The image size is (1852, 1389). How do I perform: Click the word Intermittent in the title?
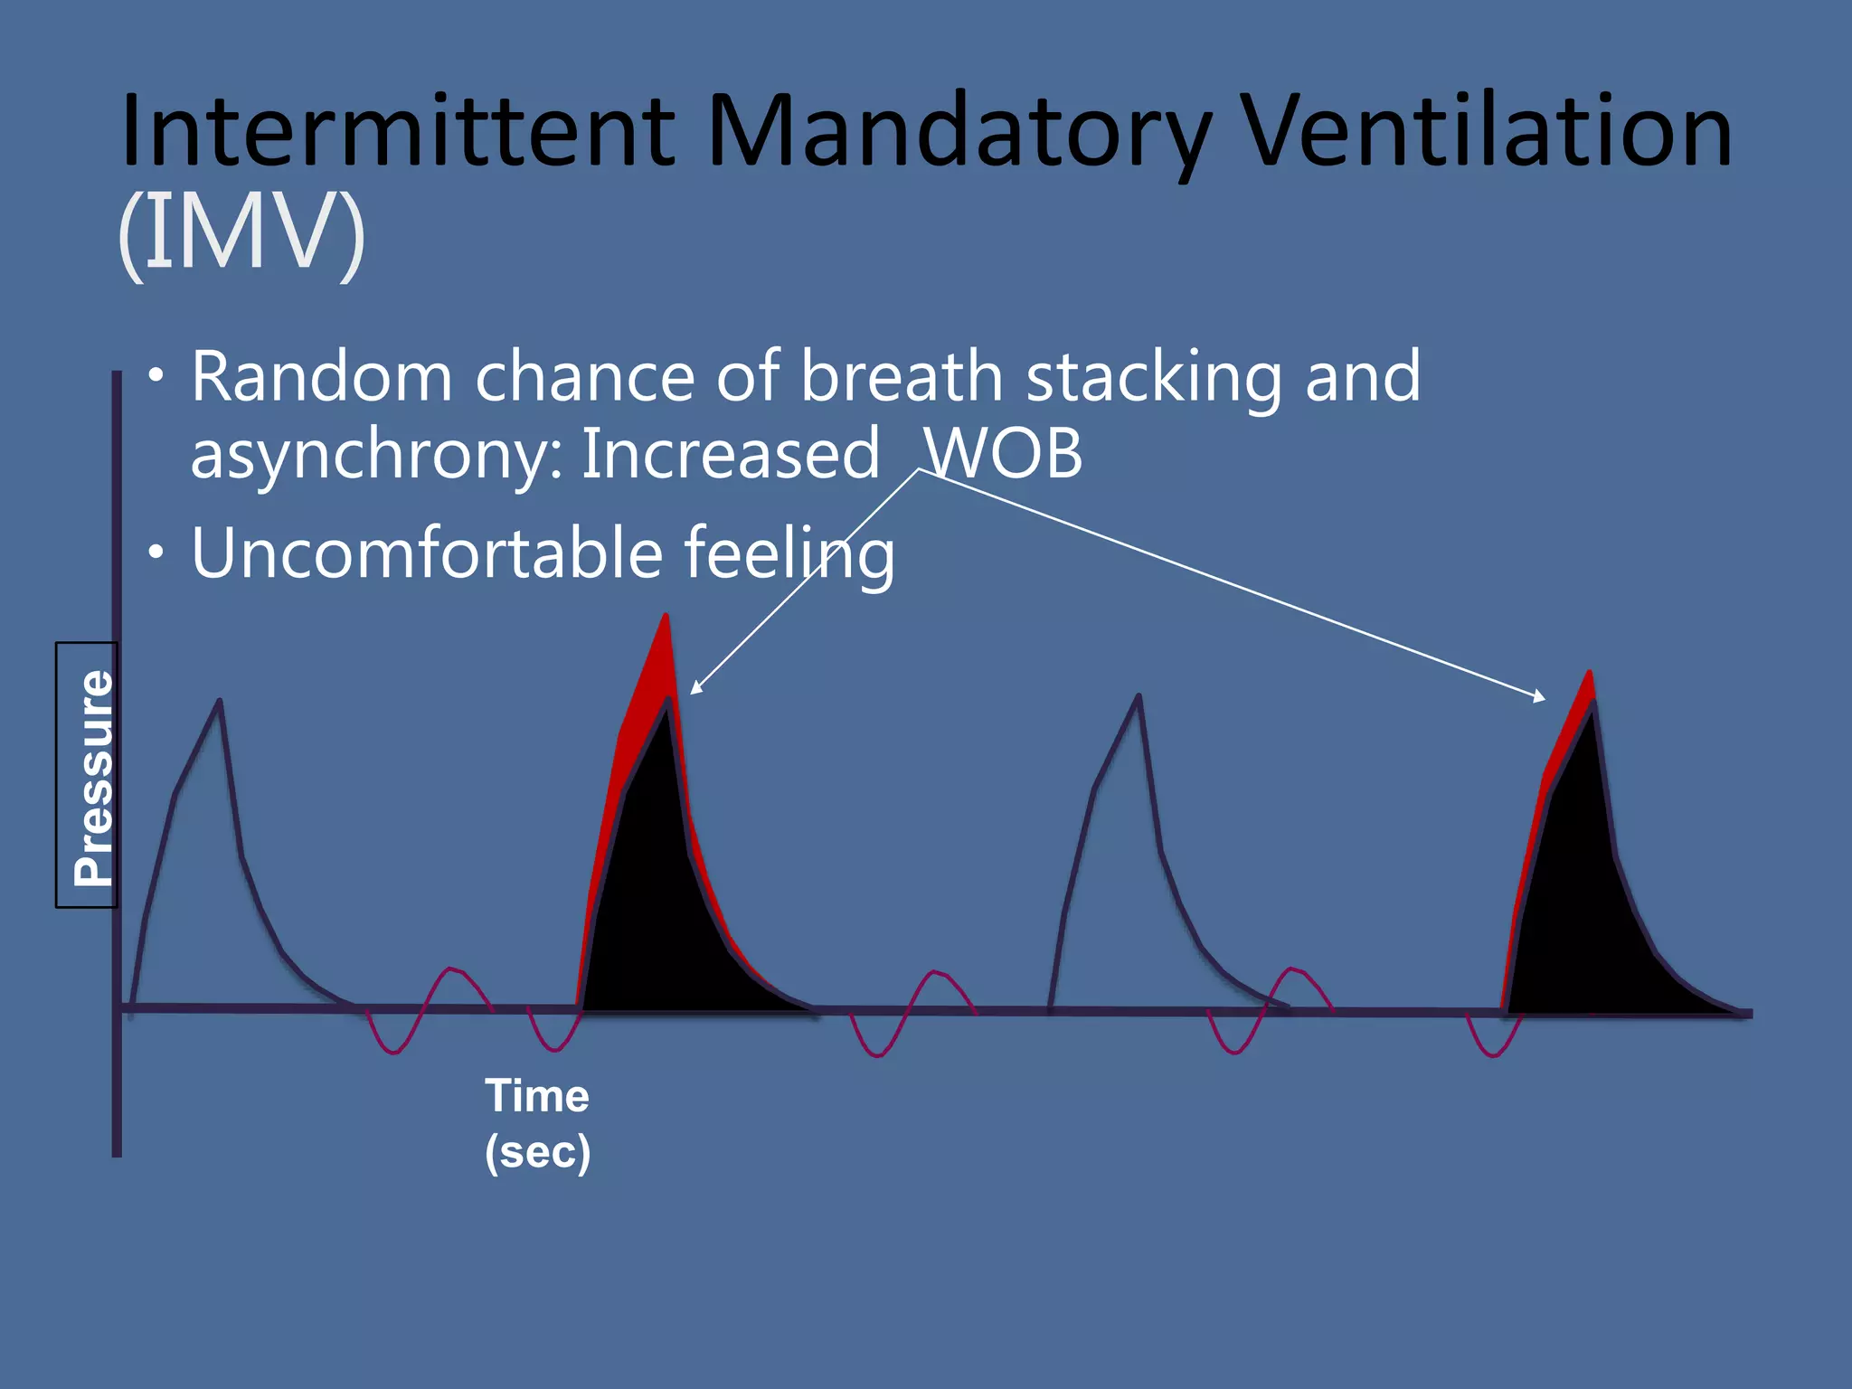[398, 131]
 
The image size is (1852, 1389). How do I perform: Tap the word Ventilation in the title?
[1483, 131]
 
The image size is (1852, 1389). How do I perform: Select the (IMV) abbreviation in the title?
[241, 232]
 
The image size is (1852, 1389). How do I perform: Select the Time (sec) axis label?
[537, 1123]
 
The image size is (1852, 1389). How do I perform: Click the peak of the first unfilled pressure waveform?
[219, 702]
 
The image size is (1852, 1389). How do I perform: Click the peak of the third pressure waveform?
[1138, 697]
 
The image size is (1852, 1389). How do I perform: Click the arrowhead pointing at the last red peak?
[1540, 697]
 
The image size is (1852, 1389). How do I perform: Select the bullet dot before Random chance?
[157, 374]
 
